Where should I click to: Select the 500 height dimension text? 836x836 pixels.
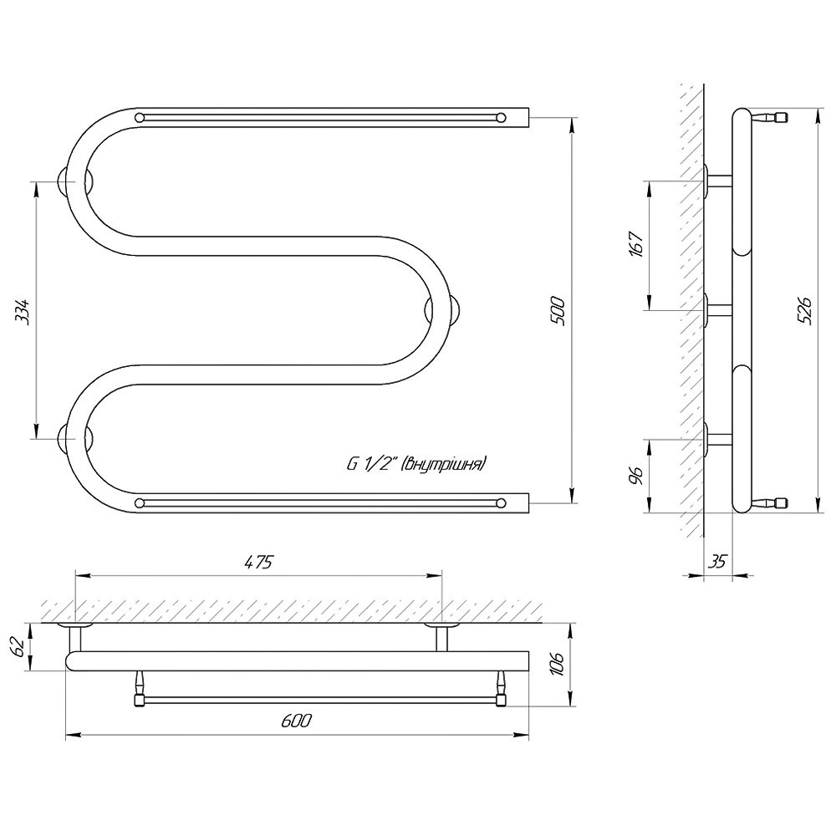[558, 310]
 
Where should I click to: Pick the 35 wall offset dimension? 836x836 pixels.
[718, 561]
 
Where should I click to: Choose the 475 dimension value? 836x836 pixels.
[258, 562]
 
